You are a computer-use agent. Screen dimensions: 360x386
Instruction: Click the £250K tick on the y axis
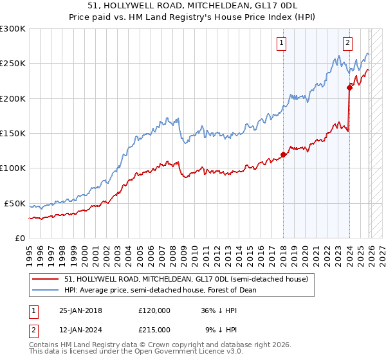(x=13, y=64)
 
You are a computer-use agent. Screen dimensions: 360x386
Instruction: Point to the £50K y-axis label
(x=15, y=203)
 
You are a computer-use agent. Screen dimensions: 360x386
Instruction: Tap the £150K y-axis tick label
(x=13, y=134)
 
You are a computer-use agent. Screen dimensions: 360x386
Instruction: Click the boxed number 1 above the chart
(x=282, y=43)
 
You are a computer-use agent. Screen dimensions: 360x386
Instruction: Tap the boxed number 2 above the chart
(x=347, y=43)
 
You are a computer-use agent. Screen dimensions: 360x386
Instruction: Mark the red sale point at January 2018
(x=283, y=154)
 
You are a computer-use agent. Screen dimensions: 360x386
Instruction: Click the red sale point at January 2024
(x=349, y=88)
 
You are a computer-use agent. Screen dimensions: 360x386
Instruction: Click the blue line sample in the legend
(x=46, y=290)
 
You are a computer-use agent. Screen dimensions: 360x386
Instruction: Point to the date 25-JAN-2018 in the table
(x=80, y=310)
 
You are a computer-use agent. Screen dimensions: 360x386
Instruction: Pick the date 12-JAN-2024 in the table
(x=80, y=329)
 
